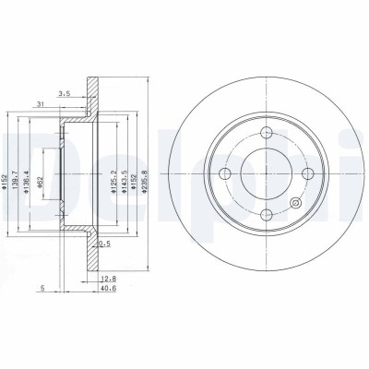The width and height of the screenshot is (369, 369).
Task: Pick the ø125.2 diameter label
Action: [114, 173]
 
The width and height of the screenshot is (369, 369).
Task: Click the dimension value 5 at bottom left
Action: [42, 288]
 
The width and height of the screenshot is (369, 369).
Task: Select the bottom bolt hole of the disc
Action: [265, 215]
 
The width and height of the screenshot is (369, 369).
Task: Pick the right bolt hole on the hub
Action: [307, 173]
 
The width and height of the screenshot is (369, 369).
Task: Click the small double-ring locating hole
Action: [294, 203]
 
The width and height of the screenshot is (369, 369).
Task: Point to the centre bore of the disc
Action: [265, 173]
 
